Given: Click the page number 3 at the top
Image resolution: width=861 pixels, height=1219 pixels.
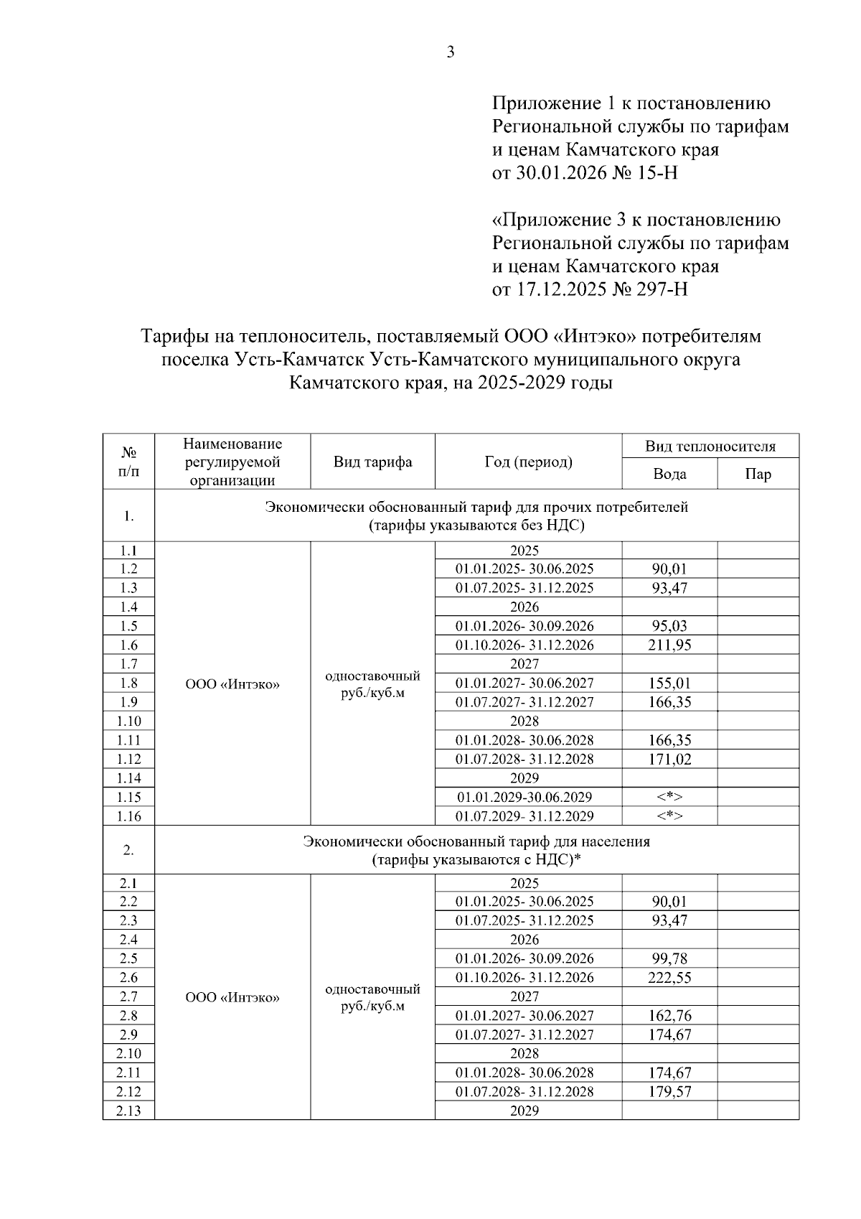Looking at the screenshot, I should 451,52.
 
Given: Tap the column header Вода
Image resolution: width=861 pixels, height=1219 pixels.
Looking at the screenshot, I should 669,475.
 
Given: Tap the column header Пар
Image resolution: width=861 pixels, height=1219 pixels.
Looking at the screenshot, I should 758,475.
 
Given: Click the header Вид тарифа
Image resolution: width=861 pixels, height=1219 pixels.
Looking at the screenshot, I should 372,462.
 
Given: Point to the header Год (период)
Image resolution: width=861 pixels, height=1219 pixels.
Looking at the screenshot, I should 528,462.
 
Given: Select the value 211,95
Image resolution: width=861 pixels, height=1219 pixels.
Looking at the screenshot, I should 669,645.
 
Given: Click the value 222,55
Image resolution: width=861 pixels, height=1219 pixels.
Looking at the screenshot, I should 669,978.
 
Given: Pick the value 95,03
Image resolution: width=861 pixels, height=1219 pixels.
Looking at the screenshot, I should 669,626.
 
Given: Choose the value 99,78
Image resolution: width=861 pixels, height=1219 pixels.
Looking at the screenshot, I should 669,958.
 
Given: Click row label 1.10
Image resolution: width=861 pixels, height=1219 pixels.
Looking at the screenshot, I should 128,721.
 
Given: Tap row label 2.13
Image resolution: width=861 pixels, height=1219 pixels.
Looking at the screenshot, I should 128,1111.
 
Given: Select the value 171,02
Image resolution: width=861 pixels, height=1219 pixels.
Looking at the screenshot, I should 669,760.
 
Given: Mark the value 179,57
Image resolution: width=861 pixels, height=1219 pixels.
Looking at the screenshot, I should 669,1092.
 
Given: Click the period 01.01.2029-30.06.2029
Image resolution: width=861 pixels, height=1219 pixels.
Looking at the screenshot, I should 524,798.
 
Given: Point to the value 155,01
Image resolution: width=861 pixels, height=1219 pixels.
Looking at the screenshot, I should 669,683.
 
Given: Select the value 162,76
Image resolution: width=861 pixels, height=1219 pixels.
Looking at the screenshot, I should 669,1016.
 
